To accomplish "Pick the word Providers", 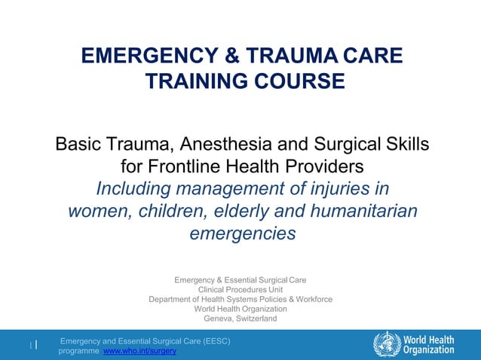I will point(320,165).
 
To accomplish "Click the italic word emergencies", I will point(242,233).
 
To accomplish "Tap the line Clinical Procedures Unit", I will point(240,290).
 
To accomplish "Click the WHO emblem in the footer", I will point(387,343).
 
